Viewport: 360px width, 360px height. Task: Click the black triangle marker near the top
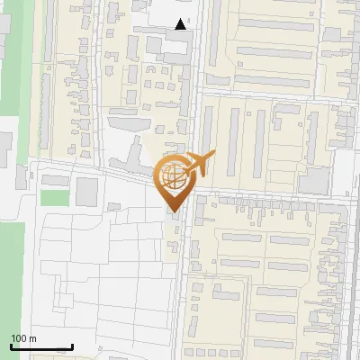click(x=182, y=25)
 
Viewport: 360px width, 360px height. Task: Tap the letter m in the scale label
click(x=33, y=338)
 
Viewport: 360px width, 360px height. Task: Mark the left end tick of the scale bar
click(x=11, y=346)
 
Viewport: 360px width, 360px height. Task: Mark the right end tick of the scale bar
click(x=72, y=346)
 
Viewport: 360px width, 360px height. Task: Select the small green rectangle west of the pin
click(x=55, y=197)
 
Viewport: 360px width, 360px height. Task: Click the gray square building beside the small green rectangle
click(x=86, y=191)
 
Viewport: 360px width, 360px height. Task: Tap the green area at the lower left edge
click(x=11, y=270)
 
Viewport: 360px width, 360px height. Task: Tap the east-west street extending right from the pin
click(x=270, y=195)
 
